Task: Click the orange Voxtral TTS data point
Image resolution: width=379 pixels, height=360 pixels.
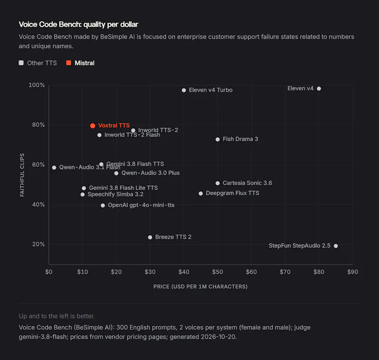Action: tap(92, 126)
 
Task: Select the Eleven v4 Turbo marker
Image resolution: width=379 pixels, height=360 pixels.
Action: tap(184, 90)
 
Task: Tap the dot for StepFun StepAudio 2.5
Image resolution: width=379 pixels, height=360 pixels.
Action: tap(336, 246)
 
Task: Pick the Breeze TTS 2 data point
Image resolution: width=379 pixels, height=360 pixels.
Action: tap(150, 237)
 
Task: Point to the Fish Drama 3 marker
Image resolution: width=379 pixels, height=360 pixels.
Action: tap(217, 139)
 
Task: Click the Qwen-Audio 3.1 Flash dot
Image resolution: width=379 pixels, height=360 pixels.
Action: tap(54, 167)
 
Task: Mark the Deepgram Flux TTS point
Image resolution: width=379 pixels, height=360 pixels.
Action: tap(200, 193)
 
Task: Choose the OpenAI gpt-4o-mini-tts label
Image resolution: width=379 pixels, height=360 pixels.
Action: tap(141, 205)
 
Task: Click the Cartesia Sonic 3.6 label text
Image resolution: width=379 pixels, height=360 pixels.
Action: tap(247, 183)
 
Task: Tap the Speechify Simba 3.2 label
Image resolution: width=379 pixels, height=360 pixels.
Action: tap(116, 194)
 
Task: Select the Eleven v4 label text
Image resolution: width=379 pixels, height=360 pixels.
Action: tap(300, 89)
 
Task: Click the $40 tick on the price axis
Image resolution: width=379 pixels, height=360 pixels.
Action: tap(184, 272)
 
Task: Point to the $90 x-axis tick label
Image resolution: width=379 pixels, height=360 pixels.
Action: tap(352, 272)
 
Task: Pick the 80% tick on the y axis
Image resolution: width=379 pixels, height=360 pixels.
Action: tap(38, 125)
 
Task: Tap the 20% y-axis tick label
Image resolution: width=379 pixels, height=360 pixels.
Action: tap(38, 244)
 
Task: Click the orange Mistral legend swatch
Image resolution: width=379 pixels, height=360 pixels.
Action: tap(69, 63)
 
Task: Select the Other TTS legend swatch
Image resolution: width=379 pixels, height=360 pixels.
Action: tap(21, 63)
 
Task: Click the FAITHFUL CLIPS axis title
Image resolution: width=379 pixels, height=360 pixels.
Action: tap(22, 175)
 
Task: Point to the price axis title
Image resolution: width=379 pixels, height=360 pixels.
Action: tap(200, 287)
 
